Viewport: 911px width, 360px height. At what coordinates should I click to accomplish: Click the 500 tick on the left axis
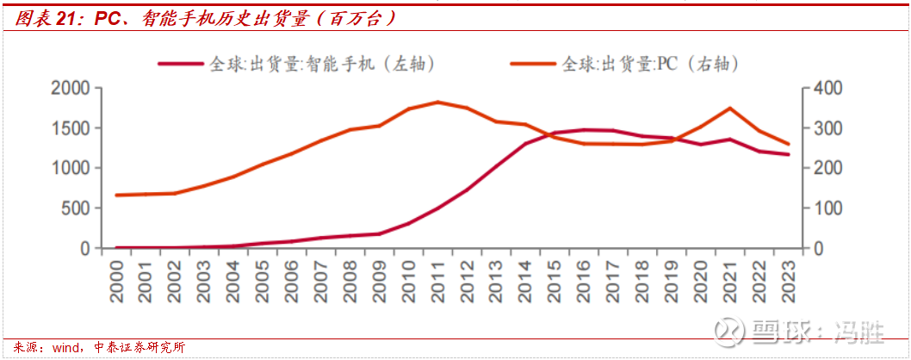pos(76,208)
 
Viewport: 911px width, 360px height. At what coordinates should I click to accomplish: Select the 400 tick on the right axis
pos(825,89)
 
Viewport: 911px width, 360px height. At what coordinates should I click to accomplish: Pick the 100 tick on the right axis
pos(825,208)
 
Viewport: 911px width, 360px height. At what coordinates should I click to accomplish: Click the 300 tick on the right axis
pos(825,128)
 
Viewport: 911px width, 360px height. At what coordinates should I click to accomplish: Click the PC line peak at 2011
pos(438,102)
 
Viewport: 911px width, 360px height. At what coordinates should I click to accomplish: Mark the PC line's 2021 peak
pos(729,109)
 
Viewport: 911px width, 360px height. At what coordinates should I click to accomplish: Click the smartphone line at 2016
pos(584,130)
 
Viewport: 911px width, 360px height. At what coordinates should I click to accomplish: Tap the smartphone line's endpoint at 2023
pos(787,155)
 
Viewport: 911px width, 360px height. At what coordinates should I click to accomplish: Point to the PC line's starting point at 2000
pos(117,196)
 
